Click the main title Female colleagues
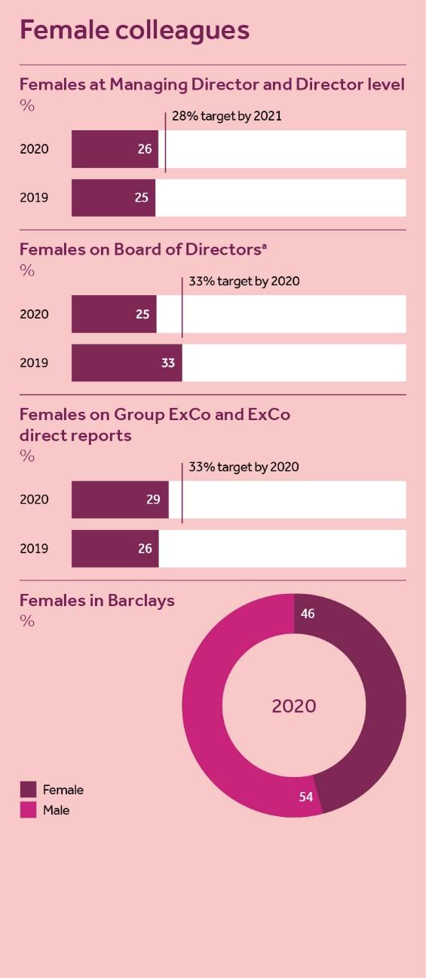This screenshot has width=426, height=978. click(134, 30)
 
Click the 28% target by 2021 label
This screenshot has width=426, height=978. click(226, 116)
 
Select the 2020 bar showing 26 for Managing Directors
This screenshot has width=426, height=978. click(115, 149)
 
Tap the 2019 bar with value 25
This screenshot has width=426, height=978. click(114, 198)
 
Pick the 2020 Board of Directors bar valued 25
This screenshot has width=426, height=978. click(114, 314)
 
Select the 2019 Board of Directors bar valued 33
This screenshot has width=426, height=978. click(127, 363)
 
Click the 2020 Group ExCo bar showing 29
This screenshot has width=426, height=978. click(120, 500)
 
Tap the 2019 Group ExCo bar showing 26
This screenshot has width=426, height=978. click(115, 549)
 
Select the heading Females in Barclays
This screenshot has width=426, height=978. click(97, 600)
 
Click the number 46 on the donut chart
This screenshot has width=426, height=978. click(308, 614)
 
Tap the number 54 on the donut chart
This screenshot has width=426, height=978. click(305, 797)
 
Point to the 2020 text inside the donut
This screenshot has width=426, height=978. click(294, 706)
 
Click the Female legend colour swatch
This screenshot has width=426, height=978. click(28, 790)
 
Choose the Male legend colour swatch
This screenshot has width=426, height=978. click(28, 811)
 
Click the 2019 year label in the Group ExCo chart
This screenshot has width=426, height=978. click(34, 549)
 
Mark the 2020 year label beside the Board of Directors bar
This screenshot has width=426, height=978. click(34, 314)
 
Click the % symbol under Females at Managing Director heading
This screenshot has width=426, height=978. click(27, 106)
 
